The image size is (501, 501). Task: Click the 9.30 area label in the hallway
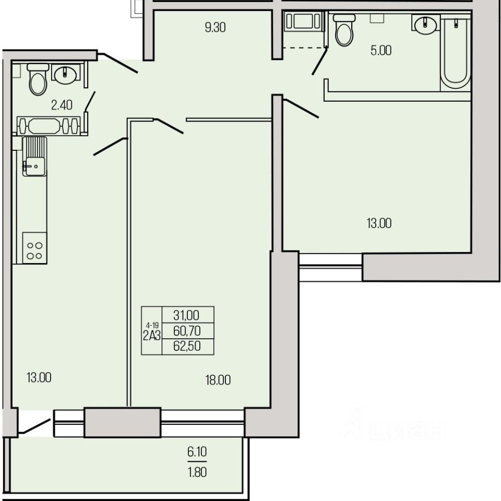pos(216,28)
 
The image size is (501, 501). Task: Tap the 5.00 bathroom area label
pos(381,51)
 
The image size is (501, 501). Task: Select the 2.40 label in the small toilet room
pos(62,105)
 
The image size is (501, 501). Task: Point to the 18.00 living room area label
pos(218,380)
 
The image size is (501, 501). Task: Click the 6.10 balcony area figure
pos(197,451)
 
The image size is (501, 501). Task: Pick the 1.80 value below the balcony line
pos(197,472)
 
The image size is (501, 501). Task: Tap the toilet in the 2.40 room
pos(38,79)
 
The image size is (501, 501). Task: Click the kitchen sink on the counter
pos(34,157)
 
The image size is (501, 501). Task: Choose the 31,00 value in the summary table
pos(186,315)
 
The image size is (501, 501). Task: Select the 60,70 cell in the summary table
pos(187,331)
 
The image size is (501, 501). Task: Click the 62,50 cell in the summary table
pos(187,346)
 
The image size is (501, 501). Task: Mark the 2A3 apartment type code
pos(152,336)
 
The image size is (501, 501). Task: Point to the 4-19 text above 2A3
pos(152,326)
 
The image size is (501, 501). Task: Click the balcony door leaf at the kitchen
pos(35,426)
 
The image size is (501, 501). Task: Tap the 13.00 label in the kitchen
pos(39,378)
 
